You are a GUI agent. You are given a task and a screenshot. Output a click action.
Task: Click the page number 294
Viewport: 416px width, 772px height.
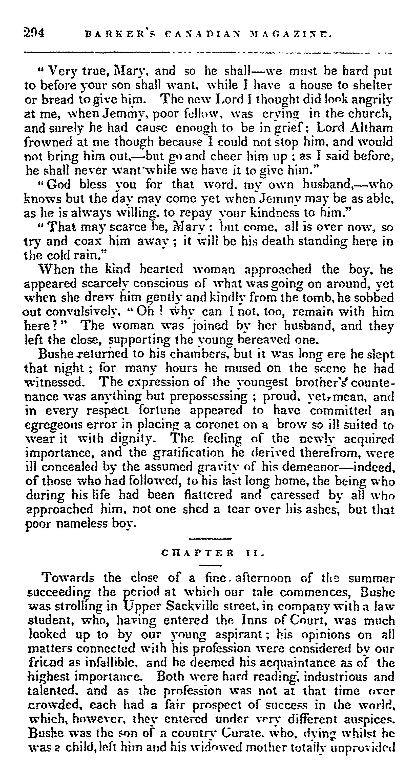pyautogui.click(x=34, y=32)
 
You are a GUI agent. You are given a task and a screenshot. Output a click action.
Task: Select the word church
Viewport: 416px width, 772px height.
pyautogui.click(x=370, y=114)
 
